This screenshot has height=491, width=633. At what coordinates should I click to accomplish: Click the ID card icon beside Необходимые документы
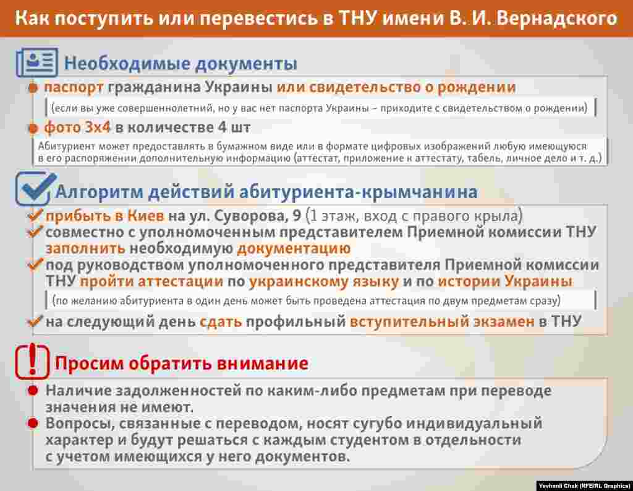point(37,63)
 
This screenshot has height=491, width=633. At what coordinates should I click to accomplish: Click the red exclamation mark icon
point(32,361)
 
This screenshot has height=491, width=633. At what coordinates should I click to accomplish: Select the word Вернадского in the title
point(556,19)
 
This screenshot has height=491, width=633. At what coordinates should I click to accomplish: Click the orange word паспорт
point(74,88)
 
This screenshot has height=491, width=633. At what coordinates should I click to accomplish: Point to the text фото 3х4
point(77,128)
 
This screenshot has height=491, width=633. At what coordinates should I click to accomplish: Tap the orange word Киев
point(146,216)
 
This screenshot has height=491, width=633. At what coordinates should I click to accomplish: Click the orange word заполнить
point(85,248)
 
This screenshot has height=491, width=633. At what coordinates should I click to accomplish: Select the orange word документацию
point(294,248)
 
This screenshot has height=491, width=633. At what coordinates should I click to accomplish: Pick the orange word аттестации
point(181,281)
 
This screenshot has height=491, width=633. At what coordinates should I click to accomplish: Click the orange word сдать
point(221,322)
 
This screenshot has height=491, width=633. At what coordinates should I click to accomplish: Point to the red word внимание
point(262,363)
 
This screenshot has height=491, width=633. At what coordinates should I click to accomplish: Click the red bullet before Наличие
point(33,390)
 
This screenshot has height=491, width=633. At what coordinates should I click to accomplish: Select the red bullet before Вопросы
point(33,424)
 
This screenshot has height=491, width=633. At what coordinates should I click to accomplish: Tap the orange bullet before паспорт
point(33,88)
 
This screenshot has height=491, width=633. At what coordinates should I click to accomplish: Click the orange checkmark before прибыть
point(35,215)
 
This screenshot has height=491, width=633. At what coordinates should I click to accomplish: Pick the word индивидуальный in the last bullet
point(474,424)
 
